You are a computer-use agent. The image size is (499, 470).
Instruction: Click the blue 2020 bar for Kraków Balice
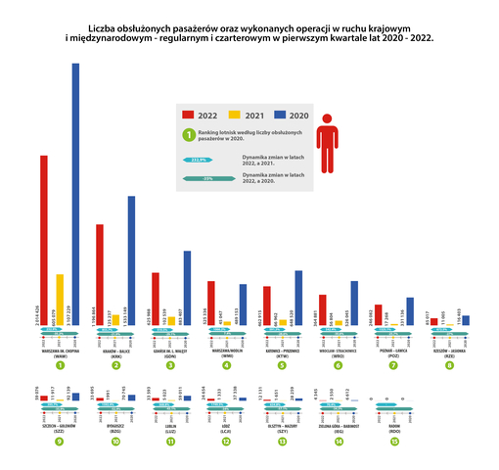132,260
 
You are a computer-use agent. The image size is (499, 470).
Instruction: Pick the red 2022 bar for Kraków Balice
100,274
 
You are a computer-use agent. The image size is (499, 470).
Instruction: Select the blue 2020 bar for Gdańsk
187,288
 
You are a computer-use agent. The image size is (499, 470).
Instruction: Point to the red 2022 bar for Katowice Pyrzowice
266,305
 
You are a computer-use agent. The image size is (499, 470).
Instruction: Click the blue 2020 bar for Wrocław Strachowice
354,303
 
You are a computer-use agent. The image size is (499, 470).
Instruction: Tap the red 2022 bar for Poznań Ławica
379,314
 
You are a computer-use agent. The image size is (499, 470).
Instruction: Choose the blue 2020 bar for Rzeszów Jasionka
466,319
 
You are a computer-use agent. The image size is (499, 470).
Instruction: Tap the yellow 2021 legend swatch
234,114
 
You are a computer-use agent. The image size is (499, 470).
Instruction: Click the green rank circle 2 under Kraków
115,365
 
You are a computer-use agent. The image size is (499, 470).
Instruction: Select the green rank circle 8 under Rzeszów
449,365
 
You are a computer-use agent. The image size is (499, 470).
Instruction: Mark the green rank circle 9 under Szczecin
60,441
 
